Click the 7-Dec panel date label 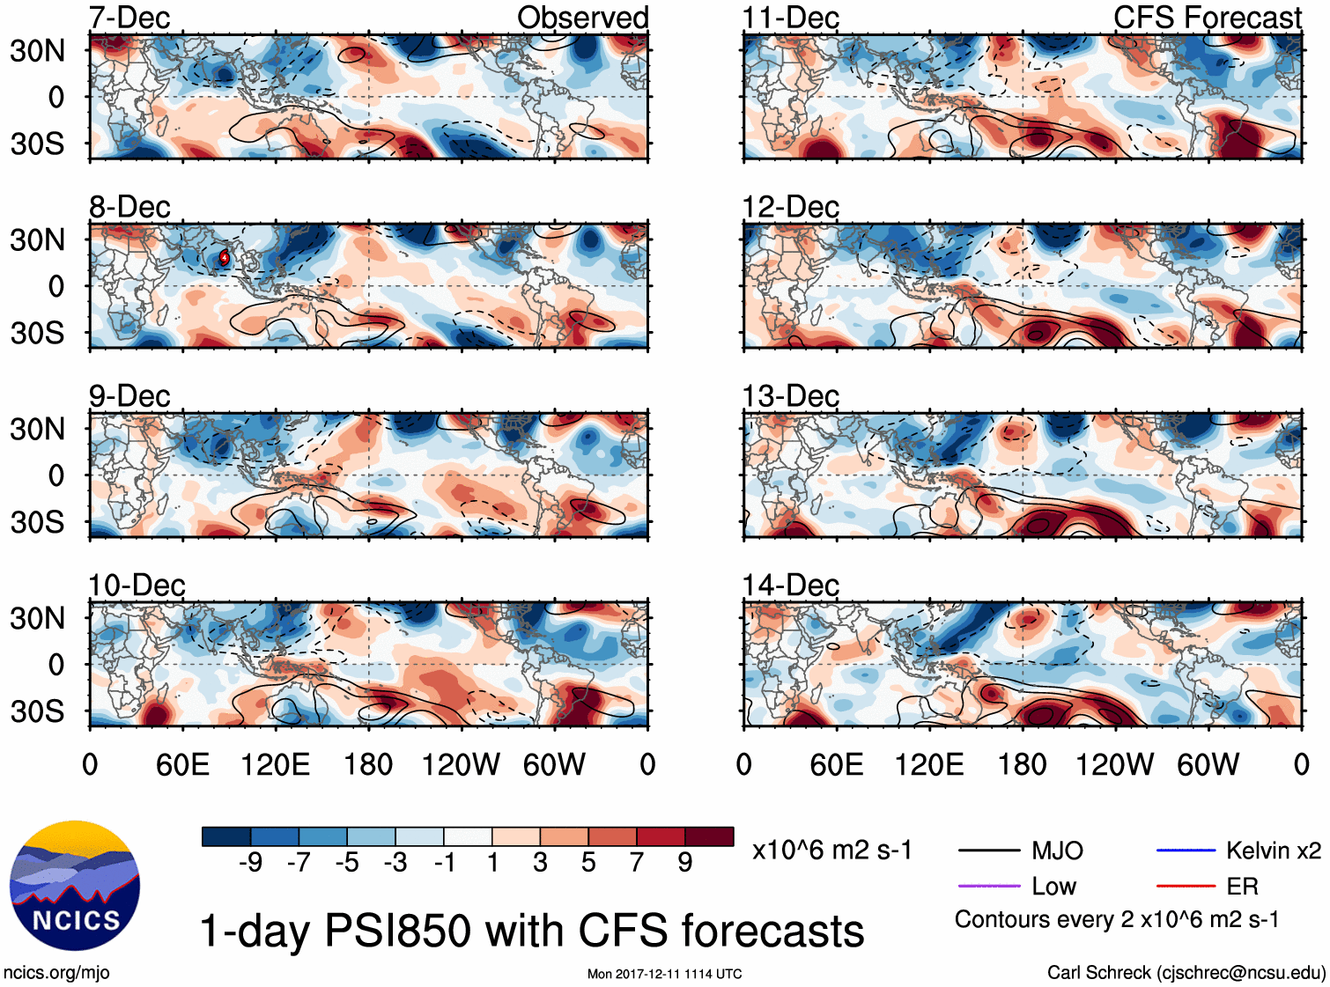click(129, 18)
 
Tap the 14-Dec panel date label click(790, 585)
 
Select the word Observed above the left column click(582, 18)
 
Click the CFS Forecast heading click(1207, 18)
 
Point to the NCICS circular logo click(75, 885)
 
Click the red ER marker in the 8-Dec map click(225, 257)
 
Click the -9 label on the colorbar click(250, 863)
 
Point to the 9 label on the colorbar click(685, 863)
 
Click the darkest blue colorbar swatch click(226, 836)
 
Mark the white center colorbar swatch click(468, 836)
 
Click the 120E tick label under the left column click(275, 764)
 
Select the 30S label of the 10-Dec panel click(37, 711)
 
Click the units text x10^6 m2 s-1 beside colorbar click(831, 851)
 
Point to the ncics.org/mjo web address click(56, 972)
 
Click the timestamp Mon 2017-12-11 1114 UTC click(664, 974)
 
